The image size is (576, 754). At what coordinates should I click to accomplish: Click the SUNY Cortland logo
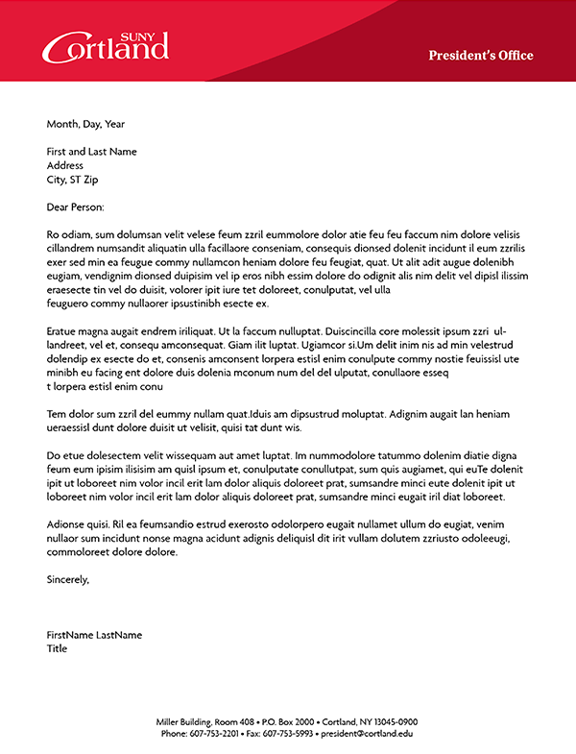click(106, 45)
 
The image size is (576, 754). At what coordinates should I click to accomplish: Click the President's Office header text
click(480, 56)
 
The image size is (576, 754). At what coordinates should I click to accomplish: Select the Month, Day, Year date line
click(85, 124)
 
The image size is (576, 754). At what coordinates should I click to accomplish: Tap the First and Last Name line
click(92, 152)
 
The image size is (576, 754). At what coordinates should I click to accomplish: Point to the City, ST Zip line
click(73, 180)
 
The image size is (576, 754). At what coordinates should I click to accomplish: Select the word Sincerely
click(67, 579)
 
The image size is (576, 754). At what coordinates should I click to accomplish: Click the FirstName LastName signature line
click(94, 635)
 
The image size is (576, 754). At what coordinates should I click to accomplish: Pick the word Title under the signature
click(58, 648)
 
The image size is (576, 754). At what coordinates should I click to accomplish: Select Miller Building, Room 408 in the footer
click(205, 721)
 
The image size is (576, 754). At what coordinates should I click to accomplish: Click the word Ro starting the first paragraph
click(53, 234)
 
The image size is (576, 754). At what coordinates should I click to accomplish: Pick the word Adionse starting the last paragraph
click(66, 524)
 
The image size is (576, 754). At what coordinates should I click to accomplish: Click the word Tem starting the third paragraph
click(56, 414)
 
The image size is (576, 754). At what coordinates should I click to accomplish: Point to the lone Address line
click(65, 165)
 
